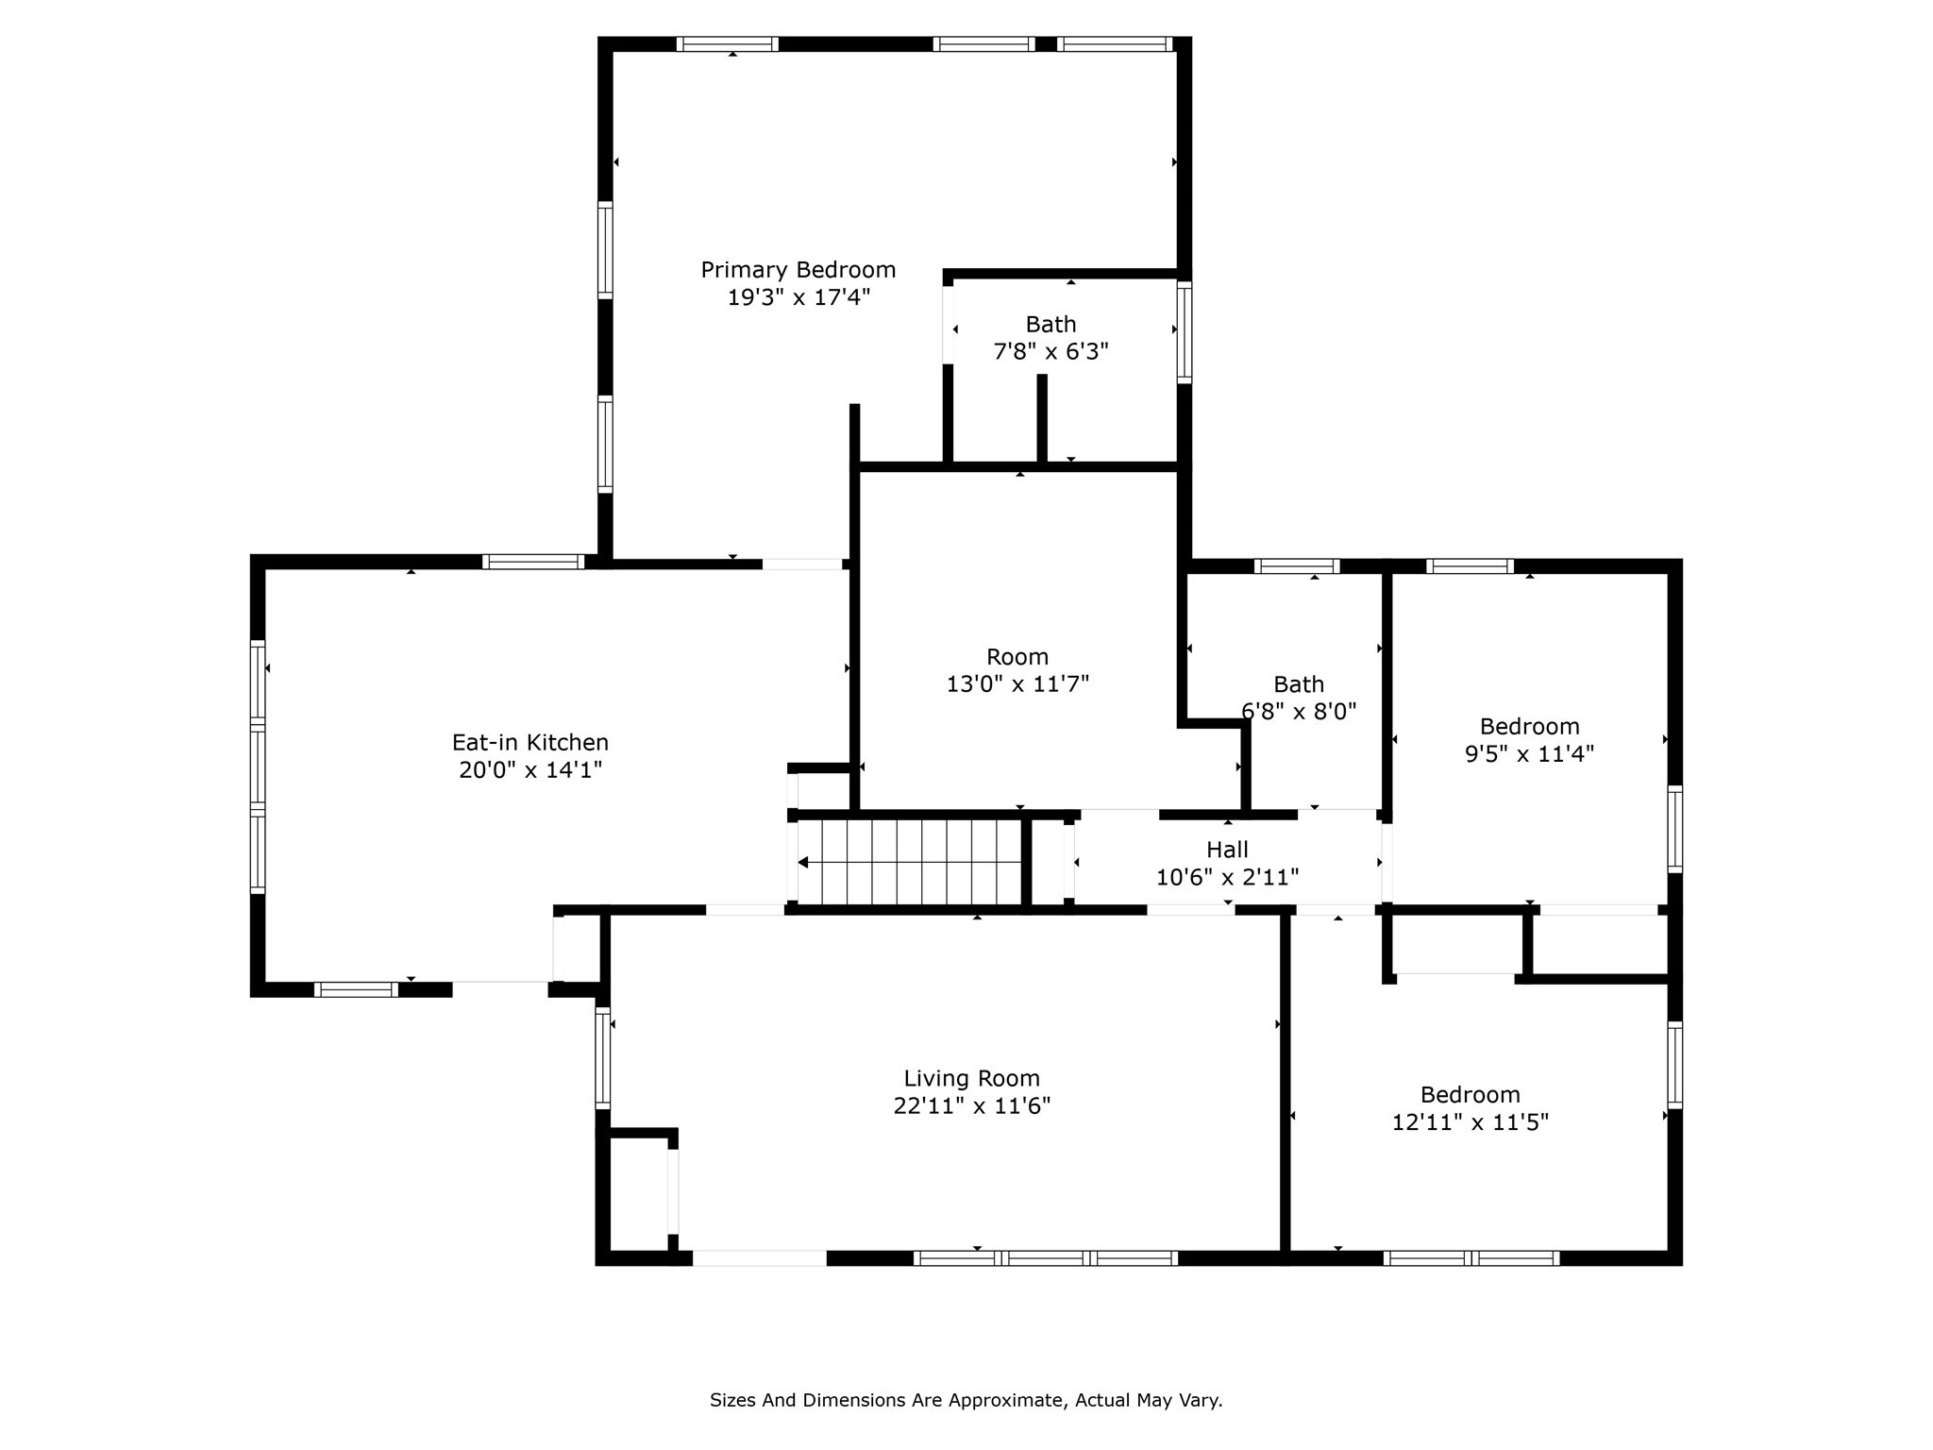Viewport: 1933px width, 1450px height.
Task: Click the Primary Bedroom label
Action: (x=798, y=270)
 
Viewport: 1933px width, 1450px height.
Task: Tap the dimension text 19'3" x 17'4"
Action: (x=798, y=297)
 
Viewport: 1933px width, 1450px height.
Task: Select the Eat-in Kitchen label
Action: (x=529, y=742)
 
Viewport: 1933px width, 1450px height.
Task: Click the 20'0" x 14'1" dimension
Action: (x=529, y=770)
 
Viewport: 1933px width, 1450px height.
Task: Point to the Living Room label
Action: (x=971, y=1078)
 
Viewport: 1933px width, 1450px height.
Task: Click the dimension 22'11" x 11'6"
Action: (x=971, y=1105)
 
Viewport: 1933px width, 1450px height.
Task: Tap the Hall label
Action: (x=1227, y=850)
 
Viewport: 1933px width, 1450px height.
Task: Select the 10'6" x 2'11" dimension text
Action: (x=1227, y=878)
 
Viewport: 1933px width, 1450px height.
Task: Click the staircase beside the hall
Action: (x=911, y=862)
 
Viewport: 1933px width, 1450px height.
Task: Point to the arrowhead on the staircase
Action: (x=803, y=862)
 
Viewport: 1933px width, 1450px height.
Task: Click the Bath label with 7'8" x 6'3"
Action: (x=1051, y=325)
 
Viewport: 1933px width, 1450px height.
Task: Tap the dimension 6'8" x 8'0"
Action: (x=1299, y=712)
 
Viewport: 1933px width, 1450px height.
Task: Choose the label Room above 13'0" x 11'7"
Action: (x=1017, y=657)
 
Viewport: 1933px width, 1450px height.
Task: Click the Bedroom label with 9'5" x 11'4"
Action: (x=1529, y=727)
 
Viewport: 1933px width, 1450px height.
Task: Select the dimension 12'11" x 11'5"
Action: (x=1470, y=1122)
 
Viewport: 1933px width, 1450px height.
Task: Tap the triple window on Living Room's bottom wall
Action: (x=1046, y=1257)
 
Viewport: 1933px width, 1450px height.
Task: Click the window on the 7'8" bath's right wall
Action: (x=1184, y=332)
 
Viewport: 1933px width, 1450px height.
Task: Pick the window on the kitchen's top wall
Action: (x=533, y=562)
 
